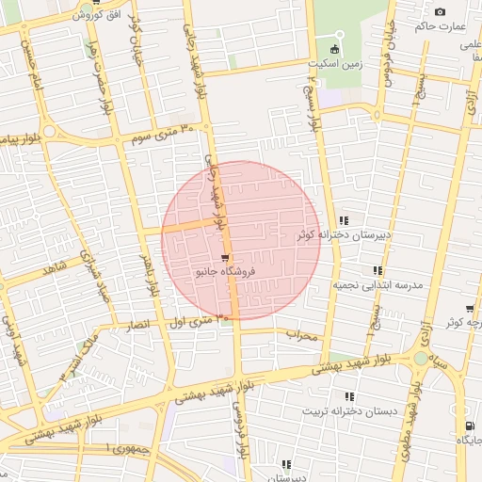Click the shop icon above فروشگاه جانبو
point(224,257)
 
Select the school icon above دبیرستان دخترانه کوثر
point(343,220)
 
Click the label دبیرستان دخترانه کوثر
point(344,234)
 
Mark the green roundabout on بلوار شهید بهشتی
point(420,359)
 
